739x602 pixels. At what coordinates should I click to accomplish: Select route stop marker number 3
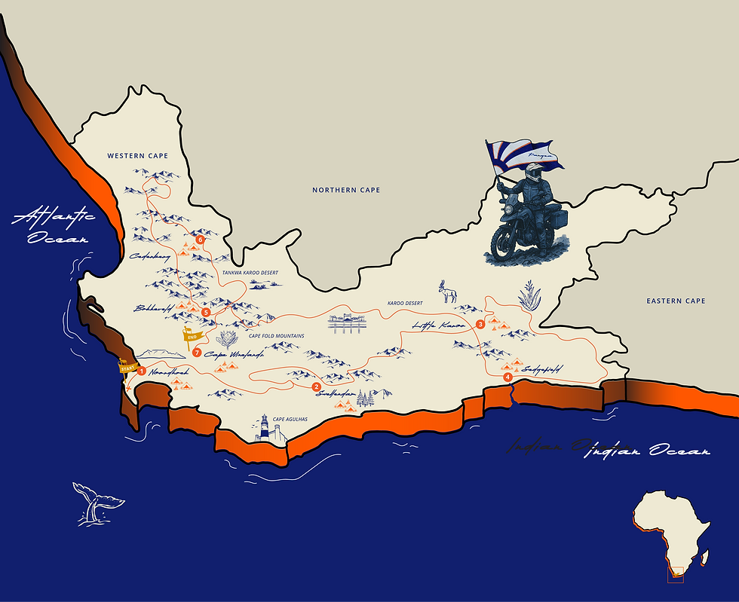(480, 324)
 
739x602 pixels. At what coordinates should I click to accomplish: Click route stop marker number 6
(200, 240)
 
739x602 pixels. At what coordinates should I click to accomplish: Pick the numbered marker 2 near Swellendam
(316, 387)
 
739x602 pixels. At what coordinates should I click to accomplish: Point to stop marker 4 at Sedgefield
(507, 377)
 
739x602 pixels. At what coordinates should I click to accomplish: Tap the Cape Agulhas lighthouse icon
(264, 428)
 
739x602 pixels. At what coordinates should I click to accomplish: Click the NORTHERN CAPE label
(346, 190)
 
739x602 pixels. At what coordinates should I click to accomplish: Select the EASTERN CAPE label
(676, 301)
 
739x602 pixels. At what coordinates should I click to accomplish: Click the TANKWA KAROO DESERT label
(250, 272)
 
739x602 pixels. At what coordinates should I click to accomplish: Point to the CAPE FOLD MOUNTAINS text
(276, 336)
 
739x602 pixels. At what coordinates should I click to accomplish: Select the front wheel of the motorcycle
(505, 243)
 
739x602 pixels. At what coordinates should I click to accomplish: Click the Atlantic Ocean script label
(53, 225)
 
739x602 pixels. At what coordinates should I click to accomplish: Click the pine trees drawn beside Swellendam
(366, 399)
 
